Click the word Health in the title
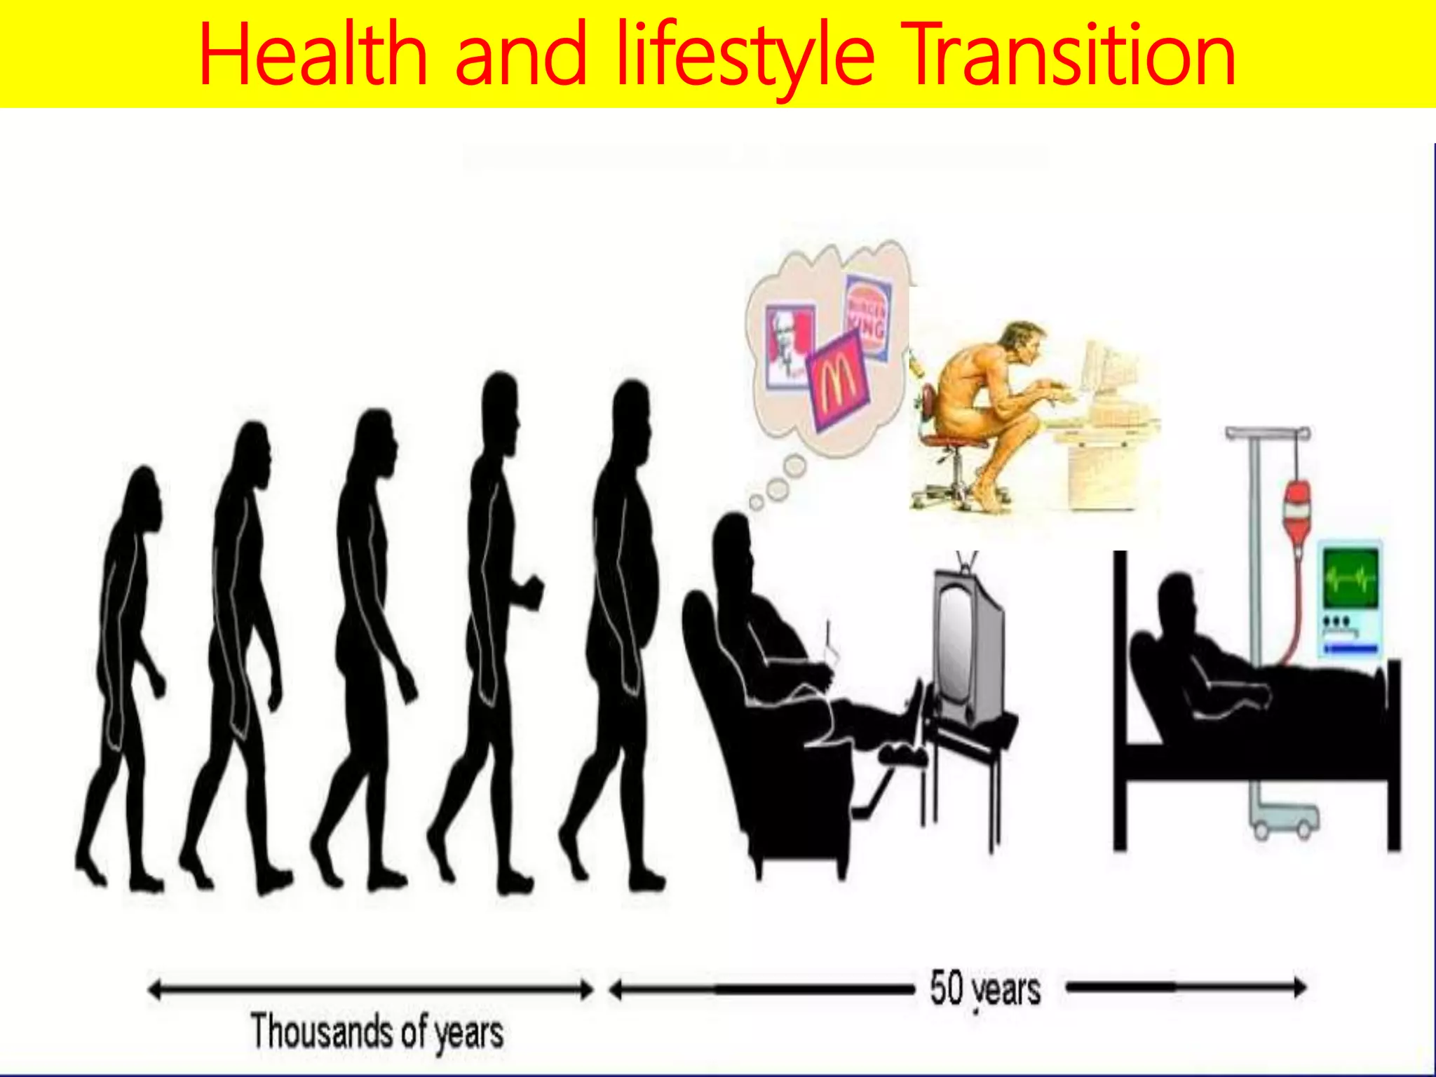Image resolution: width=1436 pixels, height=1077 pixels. click(313, 55)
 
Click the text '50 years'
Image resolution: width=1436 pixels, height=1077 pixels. click(984, 989)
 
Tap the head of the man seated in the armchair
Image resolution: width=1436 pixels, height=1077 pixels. click(733, 543)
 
